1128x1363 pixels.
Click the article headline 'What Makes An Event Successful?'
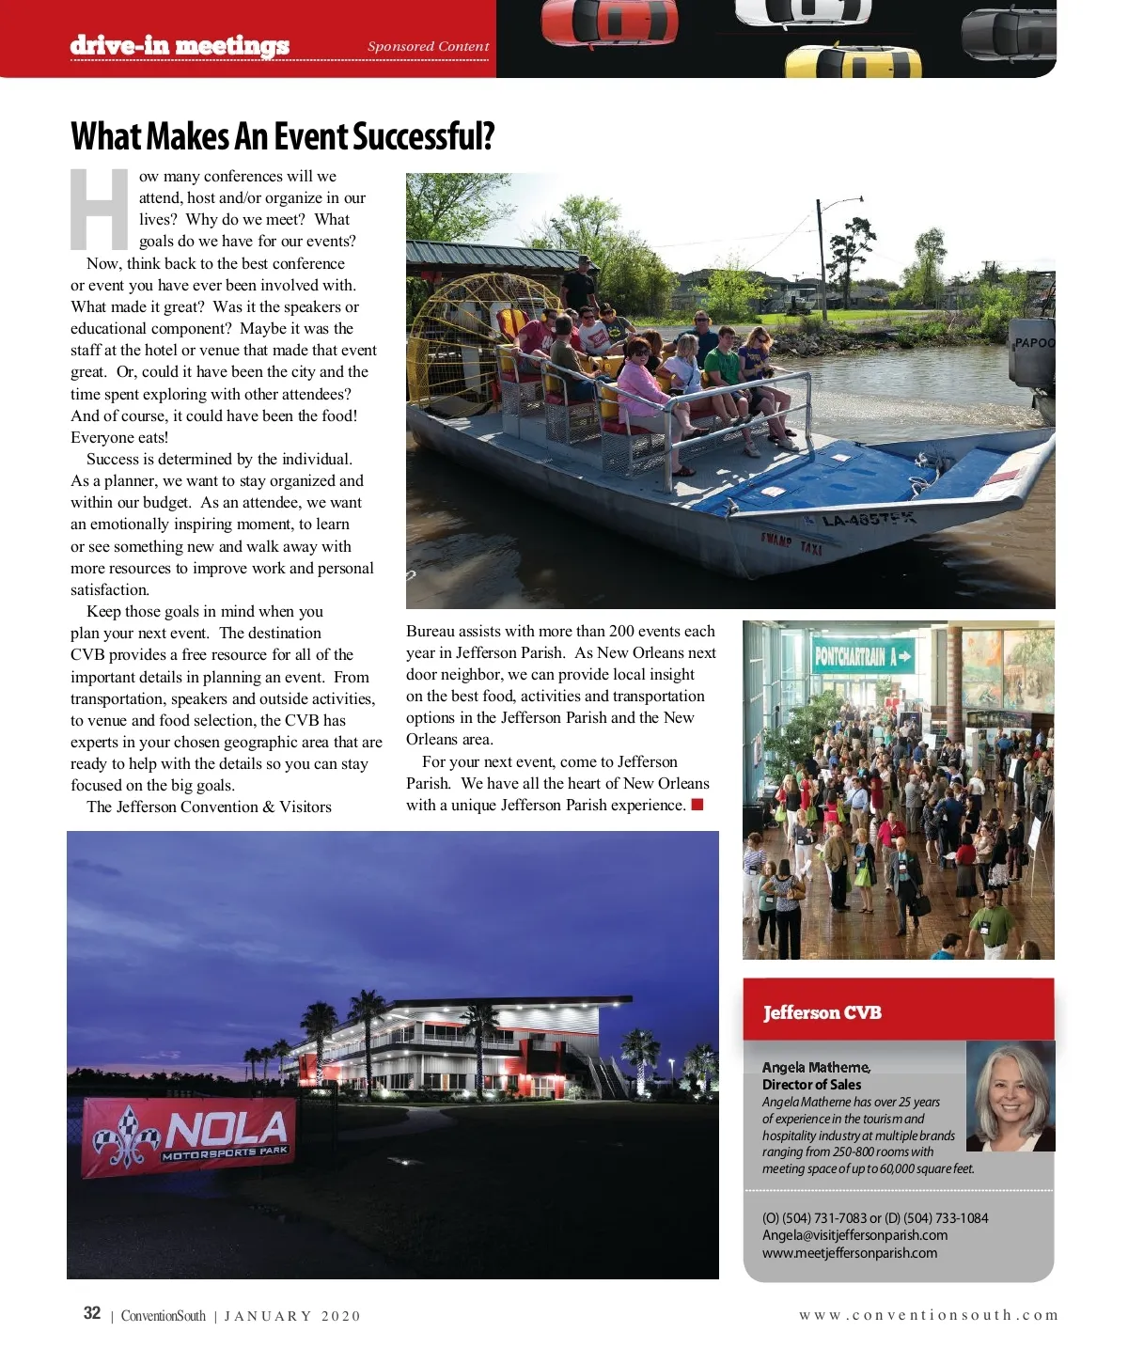(282, 137)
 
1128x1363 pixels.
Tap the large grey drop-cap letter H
(100, 209)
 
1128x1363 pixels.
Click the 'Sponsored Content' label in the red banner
(428, 46)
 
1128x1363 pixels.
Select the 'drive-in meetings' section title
(180, 45)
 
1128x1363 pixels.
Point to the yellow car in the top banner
(853, 62)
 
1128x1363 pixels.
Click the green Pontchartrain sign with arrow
(863, 656)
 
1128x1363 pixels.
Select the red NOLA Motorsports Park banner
(189, 1136)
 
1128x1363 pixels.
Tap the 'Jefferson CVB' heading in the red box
(822, 1012)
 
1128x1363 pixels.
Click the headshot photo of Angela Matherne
(1010, 1096)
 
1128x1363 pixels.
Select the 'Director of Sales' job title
(811, 1085)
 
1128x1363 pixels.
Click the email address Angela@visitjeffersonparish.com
(854, 1235)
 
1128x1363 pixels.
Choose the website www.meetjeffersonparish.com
(850, 1253)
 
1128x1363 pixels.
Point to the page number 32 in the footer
(92, 1313)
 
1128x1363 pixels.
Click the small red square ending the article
(697, 805)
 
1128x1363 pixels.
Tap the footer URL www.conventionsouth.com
(928, 1315)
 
